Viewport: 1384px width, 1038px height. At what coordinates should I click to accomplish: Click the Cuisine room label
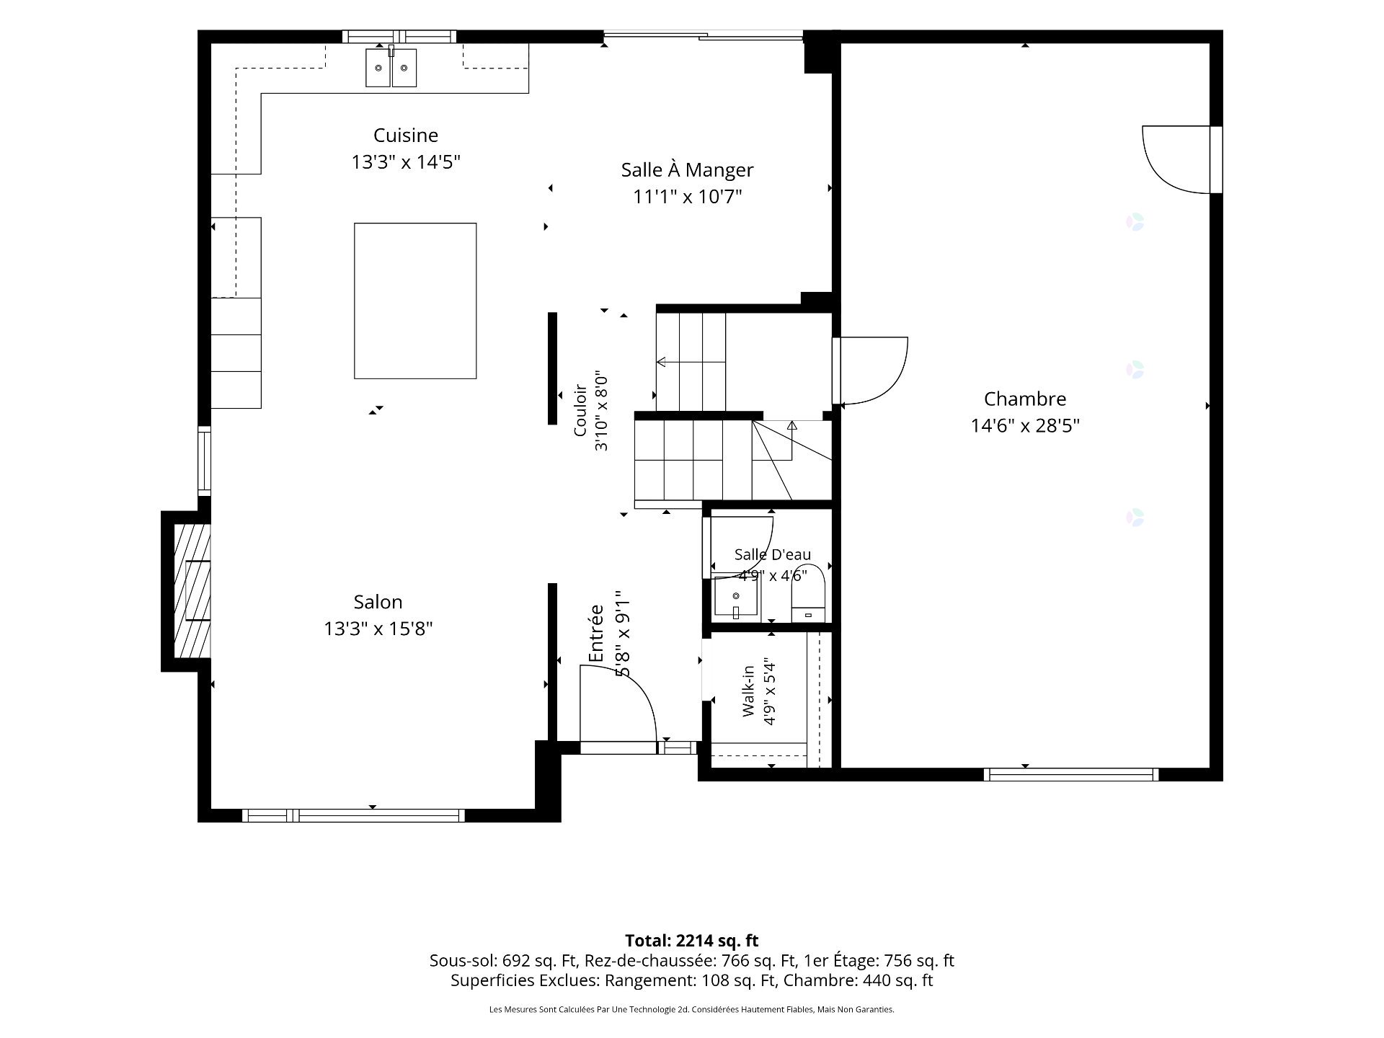[x=406, y=136]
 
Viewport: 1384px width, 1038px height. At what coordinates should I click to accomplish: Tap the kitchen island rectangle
[x=415, y=301]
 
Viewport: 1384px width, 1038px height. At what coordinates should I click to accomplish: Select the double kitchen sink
[x=391, y=67]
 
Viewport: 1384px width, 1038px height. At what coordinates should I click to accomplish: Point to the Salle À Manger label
[x=687, y=170]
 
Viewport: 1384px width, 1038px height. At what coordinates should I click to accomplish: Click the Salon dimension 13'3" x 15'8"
[x=378, y=629]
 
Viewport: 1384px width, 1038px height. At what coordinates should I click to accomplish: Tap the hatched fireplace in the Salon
[x=192, y=590]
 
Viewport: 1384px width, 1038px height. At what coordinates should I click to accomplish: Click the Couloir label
[x=581, y=412]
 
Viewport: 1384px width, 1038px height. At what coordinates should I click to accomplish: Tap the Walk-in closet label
[x=749, y=691]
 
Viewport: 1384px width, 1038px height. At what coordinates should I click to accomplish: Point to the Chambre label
[x=1025, y=399]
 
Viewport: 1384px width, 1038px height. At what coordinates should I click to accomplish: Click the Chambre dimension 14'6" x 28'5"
[x=1025, y=426]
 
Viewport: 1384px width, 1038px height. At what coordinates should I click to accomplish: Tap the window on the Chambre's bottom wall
[x=1071, y=775]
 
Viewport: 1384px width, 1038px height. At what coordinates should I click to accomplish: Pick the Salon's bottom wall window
[x=353, y=816]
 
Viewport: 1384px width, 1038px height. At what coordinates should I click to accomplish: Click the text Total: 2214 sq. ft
[x=692, y=941]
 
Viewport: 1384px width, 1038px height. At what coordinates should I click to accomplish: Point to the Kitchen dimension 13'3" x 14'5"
[x=406, y=162]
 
